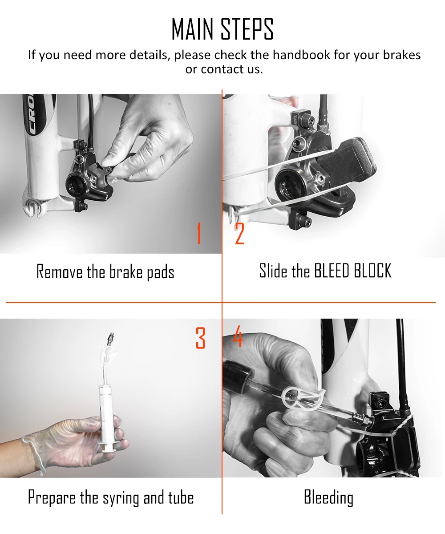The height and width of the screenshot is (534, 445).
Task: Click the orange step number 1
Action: point(199,233)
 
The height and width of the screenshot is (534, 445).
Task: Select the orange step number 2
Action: point(239,233)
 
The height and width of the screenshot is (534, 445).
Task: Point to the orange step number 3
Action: point(201,338)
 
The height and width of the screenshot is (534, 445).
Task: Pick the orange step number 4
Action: point(238,336)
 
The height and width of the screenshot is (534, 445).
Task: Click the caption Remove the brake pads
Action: point(105,271)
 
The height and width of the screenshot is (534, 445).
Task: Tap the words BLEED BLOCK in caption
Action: point(353,270)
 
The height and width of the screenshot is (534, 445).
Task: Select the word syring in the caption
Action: point(121,498)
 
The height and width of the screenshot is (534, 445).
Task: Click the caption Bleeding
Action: point(329,498)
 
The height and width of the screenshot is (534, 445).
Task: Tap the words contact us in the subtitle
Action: point(232,69)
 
